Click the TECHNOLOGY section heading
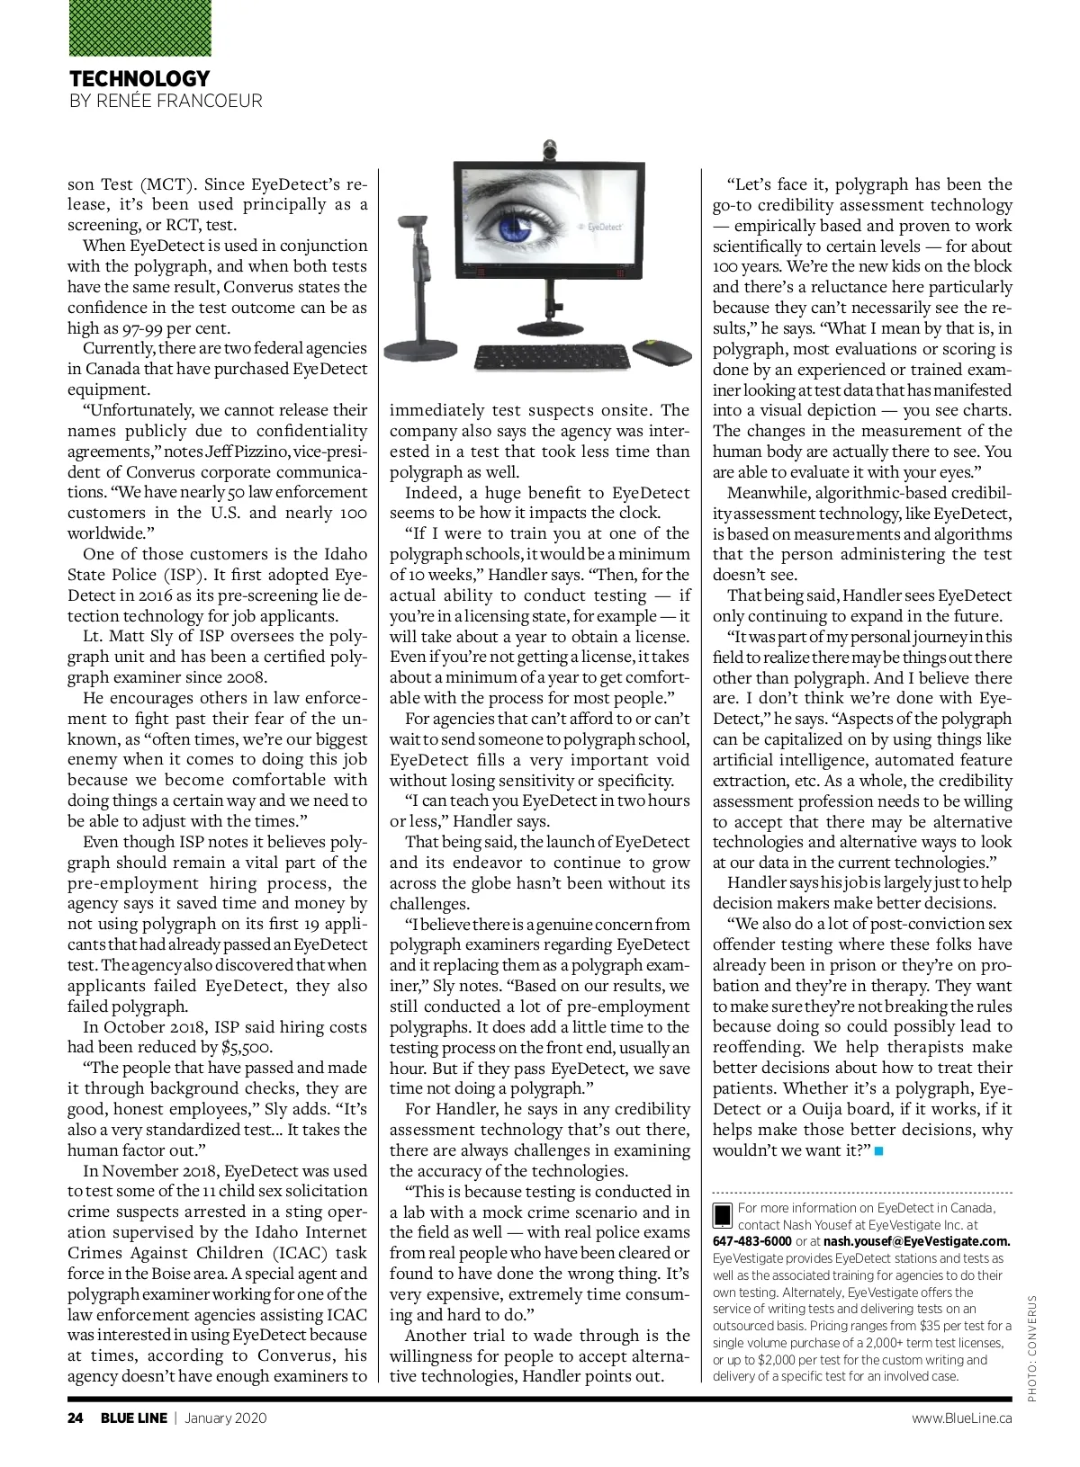pyautogui.click(x=139, y=78)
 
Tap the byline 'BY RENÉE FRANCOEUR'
pyautogui.click(x=166, y=101)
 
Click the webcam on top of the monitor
pyautogui.click(x=548, y=150)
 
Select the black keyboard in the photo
pyautogui.click(x=552, y=357)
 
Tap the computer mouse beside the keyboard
pyautogui.click(x=660, y=352)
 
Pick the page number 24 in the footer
pyautogui.click(x=76, y=1418)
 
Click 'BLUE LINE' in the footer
pyautogui.click(x=134, y=1418)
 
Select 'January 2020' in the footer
pyautogui.click(x=226, y=1418)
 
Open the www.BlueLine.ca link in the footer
pyautogui.click(x=961, y=1418)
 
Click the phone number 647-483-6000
pyautogui.click(x=752, y=1241)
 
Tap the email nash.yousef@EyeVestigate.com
pyautogui.click(x=917, y=1241)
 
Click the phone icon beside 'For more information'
pyautogui.click(x=723, y=1215)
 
